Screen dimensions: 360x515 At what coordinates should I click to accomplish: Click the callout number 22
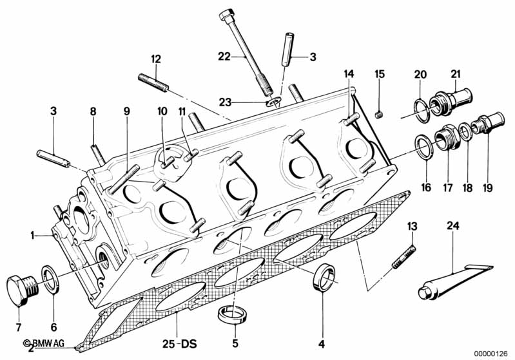tap(224, 57)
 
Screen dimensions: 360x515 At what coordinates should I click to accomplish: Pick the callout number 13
tap(413, 226)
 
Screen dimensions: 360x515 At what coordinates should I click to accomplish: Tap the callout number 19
tap(485, 189)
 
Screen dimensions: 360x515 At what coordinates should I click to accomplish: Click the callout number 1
tap(30, 236)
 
